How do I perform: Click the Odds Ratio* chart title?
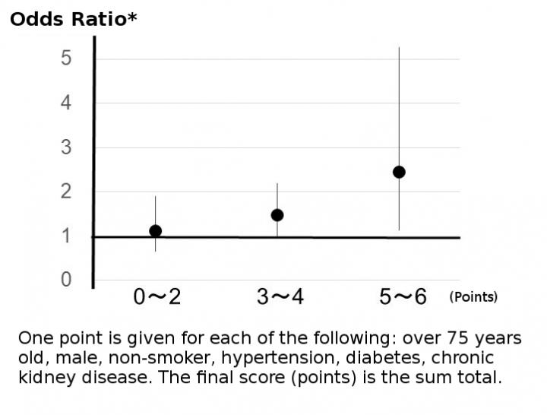tap(74, 18)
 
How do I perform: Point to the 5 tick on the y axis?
tap(67, 59)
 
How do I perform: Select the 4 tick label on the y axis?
tap(67, 103)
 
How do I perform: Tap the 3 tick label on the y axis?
tap(67, 147)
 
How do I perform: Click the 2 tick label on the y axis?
tap(67, 192)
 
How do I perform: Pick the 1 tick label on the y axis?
tap(67, 236)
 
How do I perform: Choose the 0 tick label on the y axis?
tap(67, 280)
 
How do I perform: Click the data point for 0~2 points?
tap(156, 231)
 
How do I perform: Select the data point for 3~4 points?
tap(277, 215)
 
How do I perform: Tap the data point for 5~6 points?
tap(399, 172)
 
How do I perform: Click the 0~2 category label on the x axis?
tap(157, 297)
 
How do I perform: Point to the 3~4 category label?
tap(280, 297)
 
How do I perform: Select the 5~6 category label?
tap(403, 297)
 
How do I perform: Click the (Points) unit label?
tap(473, 297)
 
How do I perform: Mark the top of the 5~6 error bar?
tap(399, 48)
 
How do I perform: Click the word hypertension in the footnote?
tap(270, 357)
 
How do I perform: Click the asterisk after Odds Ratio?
tap(132, 15)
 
